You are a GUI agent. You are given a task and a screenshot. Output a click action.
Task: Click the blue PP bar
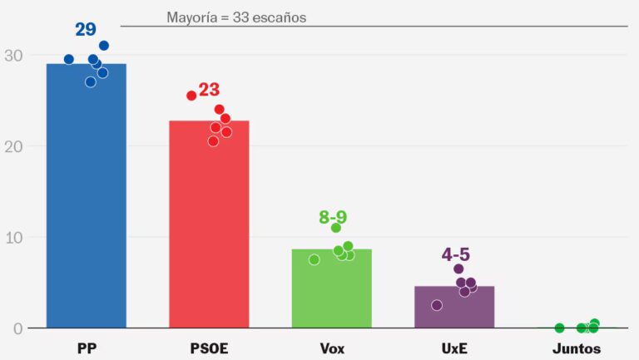[x=86, y=200]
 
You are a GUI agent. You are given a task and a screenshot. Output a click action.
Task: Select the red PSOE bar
[x=209, y=229]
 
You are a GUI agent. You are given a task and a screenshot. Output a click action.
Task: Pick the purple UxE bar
[x=454, y=308]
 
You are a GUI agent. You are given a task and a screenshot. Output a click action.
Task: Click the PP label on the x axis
[x=86, y=348]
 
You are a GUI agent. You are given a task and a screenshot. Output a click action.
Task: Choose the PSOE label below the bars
[x=209, y=348]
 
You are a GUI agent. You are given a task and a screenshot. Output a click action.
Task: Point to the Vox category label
[x=331, y=348]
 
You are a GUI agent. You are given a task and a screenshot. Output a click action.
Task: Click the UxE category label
[x=454, y=348]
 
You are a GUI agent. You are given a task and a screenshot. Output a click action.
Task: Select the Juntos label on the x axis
[x=577, y=348]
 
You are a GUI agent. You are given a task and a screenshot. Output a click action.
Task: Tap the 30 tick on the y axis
[x=13, y=56]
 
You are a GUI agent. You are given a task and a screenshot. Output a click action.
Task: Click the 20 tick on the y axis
[x=13, y=146]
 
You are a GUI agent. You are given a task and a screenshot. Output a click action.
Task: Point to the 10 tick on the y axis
[x=13, y=237]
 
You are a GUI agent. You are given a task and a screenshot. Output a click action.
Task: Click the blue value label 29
[x=86, y=30]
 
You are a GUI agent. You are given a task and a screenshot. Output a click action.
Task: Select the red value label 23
[x=209, y=90]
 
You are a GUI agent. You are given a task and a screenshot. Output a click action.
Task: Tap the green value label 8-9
[x=333, y=218]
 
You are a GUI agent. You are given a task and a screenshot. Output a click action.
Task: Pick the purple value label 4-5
[x=456, y=254]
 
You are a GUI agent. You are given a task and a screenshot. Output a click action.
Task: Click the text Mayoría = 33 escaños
[x=236, y=17]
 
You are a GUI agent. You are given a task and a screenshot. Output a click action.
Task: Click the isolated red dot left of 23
[x=191, y=96]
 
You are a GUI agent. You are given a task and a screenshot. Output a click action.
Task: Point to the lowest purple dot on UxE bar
[x=437, y=305]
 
